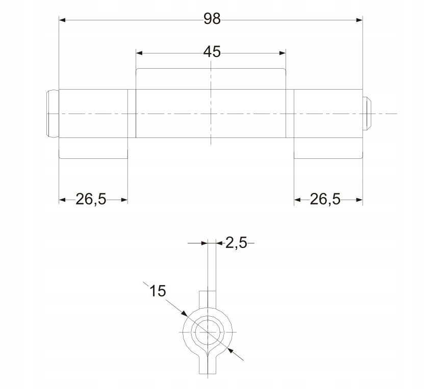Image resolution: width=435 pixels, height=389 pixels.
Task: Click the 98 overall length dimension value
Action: pos(212,19)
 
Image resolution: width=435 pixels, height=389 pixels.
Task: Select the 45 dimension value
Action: pos(212,52)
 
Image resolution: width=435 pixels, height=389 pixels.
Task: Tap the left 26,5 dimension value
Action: pos(91,199)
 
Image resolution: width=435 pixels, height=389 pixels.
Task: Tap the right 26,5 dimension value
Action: pos(325,199)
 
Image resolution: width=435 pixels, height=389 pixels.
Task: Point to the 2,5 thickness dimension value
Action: pos(236,243)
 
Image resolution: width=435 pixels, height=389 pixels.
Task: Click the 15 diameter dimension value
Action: pos(157,291)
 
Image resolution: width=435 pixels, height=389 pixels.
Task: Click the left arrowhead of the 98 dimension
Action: pos(62,20)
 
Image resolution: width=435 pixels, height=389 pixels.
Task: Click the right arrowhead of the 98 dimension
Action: pos(360,20)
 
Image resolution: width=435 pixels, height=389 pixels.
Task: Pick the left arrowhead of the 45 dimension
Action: pos(139,53)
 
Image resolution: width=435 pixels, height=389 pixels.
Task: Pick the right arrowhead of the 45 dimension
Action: pos(283,53)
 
